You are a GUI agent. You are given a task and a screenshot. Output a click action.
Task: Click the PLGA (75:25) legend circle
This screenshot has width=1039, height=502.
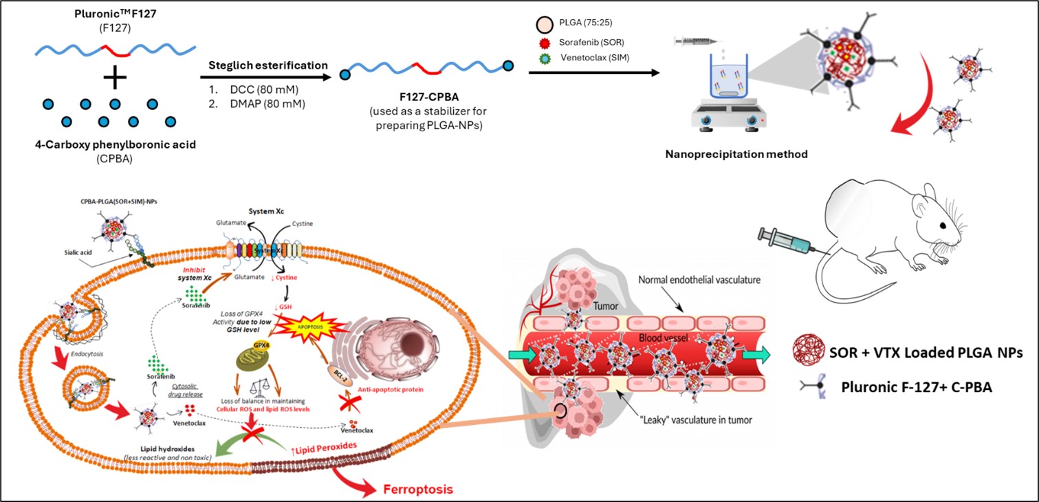[543, 28]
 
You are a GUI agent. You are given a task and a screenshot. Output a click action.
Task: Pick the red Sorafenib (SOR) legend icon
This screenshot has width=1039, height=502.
[543, 43]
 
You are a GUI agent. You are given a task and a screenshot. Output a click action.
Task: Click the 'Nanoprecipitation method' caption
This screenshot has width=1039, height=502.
[736, 154]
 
